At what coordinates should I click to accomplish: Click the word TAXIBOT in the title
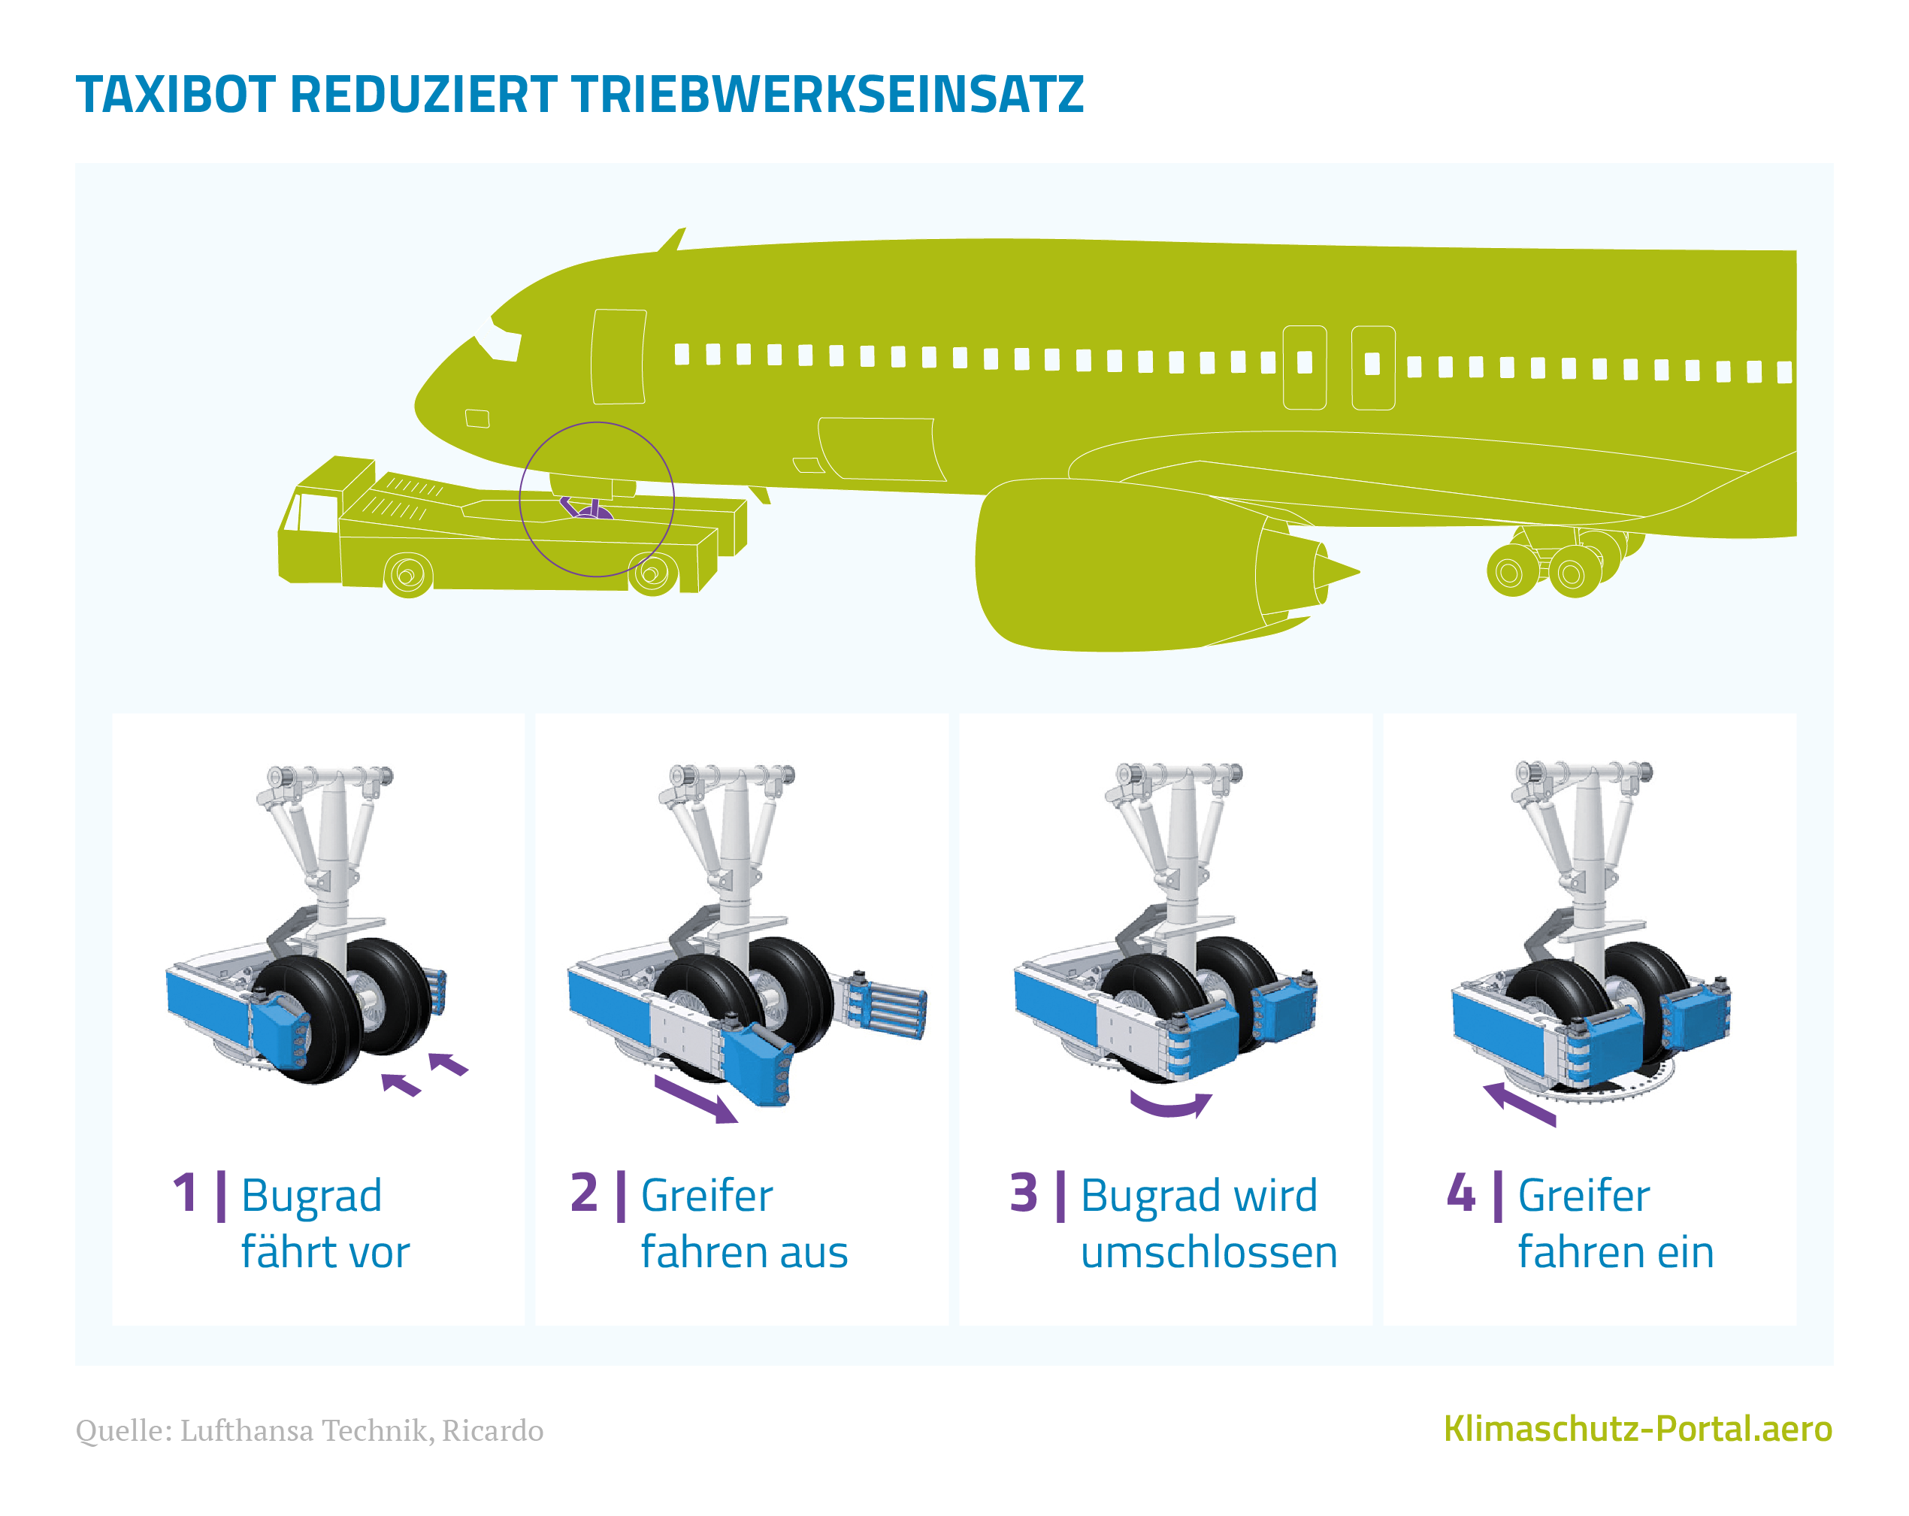point(175,95)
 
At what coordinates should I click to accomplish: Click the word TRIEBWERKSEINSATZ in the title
point(827,95)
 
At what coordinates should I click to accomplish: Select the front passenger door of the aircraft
point(619,357)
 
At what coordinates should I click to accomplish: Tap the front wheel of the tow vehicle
point(408,576)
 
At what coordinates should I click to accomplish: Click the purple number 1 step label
point(185,1193)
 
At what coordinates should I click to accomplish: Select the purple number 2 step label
point(585,1193)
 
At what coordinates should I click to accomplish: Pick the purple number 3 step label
point(1024,1193)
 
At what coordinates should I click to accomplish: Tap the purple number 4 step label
point(1461,1193)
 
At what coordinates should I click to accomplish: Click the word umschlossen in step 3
point(1209,1253)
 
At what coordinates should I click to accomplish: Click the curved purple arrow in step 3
point(1170,1107)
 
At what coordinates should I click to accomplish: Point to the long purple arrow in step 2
point(696,1099)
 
